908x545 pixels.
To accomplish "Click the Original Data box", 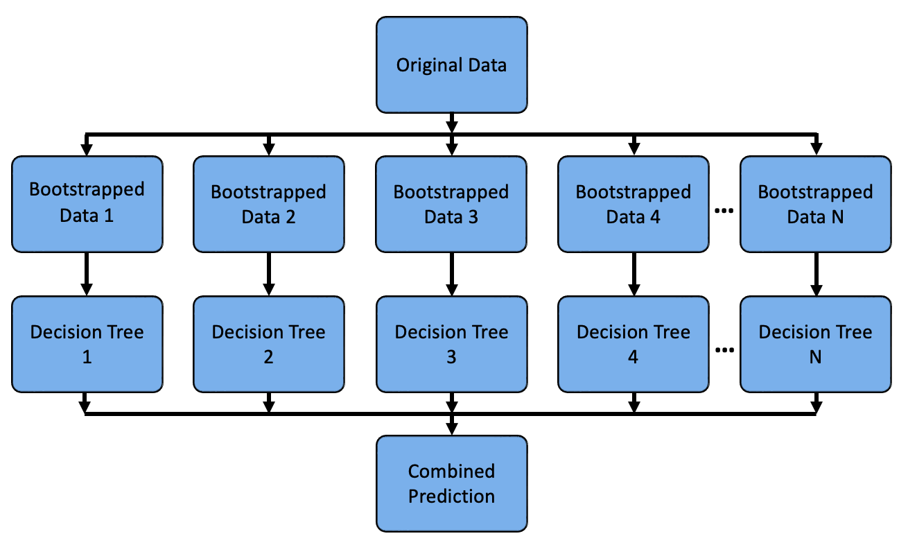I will (451, 65).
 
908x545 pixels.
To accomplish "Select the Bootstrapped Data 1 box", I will (87, 203).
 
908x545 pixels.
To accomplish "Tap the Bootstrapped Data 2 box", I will (269, 203).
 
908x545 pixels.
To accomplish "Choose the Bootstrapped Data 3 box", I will (451, 203).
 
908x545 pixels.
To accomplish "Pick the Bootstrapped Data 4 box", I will (634, 203).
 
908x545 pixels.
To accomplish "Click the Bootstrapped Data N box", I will (816, 203).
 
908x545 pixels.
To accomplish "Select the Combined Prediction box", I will (451, 483).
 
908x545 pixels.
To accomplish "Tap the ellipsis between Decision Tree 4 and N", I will (724, 352).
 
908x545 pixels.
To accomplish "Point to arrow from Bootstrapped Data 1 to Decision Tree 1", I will (87, 274).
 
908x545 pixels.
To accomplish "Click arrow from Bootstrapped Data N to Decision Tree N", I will (816, 274).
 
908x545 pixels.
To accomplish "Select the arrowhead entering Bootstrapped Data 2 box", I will (269, 149).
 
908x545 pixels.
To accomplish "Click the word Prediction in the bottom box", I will (451, 496).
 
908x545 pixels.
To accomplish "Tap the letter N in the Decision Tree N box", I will (816, 357).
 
